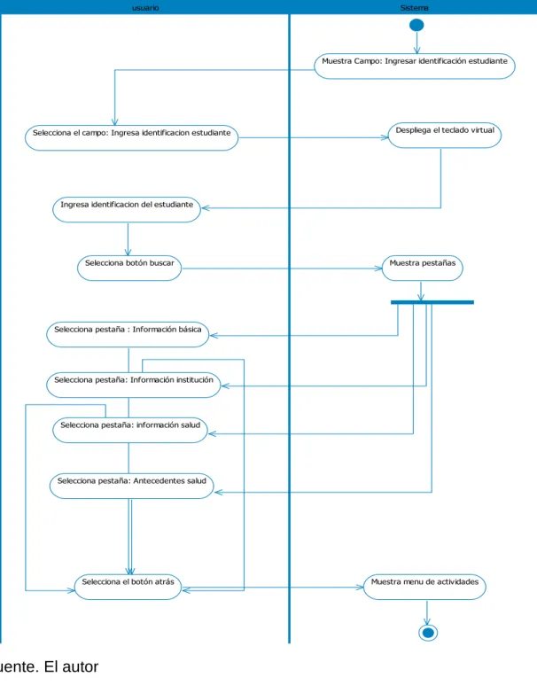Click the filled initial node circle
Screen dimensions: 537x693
point(416,25)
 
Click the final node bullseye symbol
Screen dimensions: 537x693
point(428,633)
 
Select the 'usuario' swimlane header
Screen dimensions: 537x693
point(145,7)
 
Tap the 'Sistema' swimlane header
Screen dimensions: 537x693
point(414,7)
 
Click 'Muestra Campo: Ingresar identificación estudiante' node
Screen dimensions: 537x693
point(415,66)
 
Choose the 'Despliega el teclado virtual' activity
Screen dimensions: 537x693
point(445,136)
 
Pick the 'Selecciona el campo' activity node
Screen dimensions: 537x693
point(132,138)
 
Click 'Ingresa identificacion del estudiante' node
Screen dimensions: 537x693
point(127,209)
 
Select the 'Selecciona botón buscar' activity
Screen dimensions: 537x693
point(129,268)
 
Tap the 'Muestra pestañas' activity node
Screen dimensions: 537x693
point(422,268)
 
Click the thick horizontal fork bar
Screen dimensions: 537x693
point(432,302)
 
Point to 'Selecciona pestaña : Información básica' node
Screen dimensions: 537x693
point(128,334)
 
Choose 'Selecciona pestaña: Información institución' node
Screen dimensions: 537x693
point(134,385)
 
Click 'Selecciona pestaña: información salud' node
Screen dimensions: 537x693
point(130,430)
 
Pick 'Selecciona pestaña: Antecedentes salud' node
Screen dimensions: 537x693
point(132,486)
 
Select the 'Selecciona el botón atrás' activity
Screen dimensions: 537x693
point(128,587)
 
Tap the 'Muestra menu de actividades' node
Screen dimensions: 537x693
point(424,587)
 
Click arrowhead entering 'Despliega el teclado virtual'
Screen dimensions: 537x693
point(385,137)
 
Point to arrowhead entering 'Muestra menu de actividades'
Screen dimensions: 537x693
point(360,587)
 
